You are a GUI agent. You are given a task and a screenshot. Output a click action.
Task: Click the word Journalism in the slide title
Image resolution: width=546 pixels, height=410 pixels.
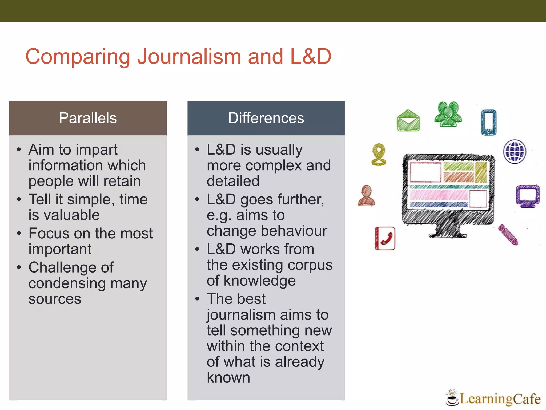click(x=189, y=57)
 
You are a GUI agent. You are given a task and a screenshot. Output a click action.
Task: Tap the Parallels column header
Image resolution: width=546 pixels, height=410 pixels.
click(x=88, y=118)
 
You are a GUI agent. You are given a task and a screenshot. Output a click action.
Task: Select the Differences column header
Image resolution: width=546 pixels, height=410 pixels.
click(x=266, y=118)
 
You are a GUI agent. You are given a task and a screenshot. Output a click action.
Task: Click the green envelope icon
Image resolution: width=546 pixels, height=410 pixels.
click(x=408, y=121)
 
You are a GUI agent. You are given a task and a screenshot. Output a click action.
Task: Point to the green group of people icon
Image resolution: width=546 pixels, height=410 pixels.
click(x=448, y=114)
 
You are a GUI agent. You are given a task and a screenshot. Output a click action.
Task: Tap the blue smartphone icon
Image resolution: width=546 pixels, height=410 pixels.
click(x=489, y=122)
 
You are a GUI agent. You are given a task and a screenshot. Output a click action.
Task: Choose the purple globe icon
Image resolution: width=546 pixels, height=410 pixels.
click(x=515, y=151)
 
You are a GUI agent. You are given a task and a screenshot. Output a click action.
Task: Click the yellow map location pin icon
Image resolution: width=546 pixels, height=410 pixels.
click(x=379, y=154)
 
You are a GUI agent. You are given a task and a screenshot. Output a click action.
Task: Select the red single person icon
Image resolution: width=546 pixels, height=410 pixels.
click(x=366, y=195)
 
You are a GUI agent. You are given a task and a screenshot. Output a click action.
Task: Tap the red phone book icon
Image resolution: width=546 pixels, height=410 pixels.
click(x=385, y=238)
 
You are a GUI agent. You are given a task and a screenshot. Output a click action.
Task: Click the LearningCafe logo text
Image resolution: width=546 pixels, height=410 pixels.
click(x=500, y=399)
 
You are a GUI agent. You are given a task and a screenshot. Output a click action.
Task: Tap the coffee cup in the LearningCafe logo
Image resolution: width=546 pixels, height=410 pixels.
click(x=452, y=400)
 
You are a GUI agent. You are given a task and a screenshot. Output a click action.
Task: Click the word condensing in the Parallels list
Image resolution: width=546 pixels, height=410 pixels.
click(x=67, y=283)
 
